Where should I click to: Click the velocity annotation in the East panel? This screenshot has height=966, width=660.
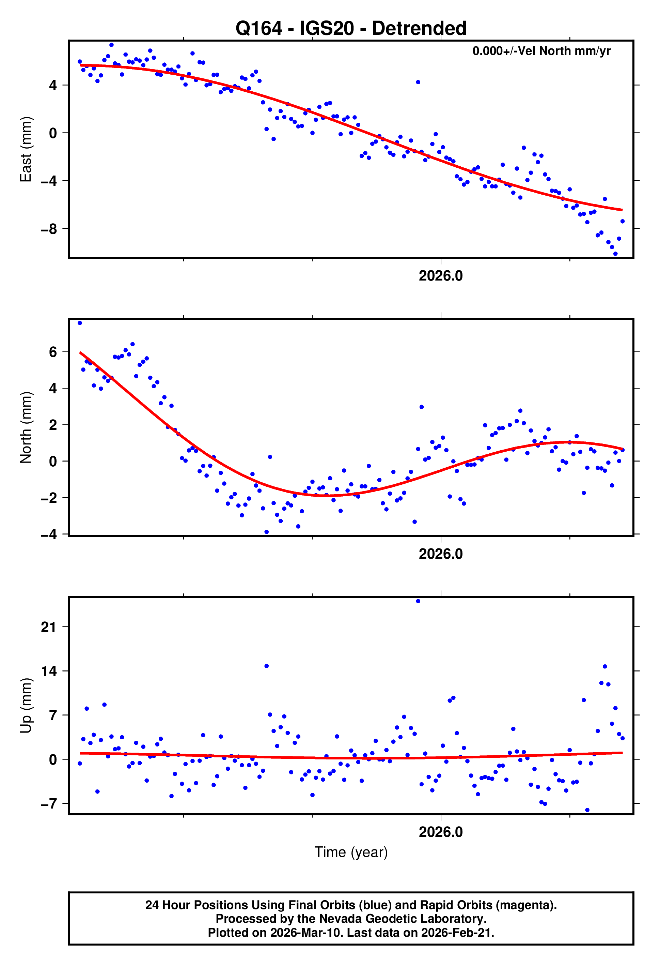click(541, 51)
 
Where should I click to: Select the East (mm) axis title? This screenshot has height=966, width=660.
click(26, 149)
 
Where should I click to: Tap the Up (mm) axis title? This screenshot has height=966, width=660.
click(26, 705)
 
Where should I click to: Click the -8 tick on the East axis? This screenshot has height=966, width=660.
click(49, 229)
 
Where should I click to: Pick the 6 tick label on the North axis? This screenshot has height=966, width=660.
click(53, 352)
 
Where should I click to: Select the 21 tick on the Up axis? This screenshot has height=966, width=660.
click(49, 627)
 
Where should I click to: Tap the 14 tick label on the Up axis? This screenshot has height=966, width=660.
click(49, 671)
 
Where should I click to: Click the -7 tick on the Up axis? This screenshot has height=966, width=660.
click(49, 804)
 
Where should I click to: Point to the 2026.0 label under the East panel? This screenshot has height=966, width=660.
click(440, 276)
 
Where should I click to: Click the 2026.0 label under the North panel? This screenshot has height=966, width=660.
click(440, 554)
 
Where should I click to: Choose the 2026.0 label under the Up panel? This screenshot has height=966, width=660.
click(440, 832)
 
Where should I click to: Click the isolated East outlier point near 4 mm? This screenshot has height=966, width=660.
click(418, 82)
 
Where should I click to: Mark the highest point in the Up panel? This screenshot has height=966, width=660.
click(418, 601)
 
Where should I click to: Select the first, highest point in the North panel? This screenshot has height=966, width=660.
click(80, 323)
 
